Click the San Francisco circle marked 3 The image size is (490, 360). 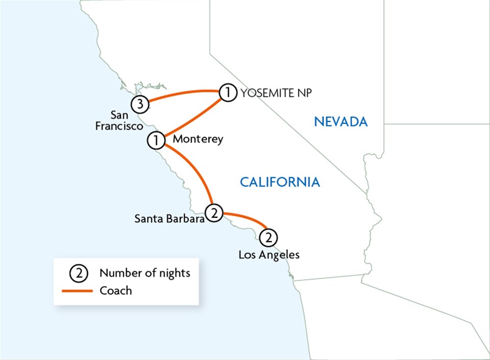[140, 105]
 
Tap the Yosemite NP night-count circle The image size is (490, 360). [228, 93]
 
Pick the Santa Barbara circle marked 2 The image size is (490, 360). [214, 212]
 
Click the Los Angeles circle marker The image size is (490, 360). [268, 238]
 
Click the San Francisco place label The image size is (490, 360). [118, 120]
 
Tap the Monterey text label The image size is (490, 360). [198, 139]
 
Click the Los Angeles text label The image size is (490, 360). [269, 254]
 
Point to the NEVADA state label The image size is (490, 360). [340, 121]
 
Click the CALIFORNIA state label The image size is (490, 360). [280, 182]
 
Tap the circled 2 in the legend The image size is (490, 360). [79, 273]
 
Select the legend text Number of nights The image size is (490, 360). [144, 273]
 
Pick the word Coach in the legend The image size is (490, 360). [115, 291]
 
